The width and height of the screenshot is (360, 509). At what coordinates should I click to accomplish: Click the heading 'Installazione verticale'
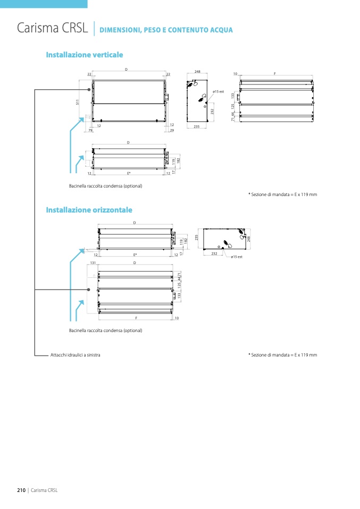85,55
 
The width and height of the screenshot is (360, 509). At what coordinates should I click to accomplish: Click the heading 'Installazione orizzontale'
89,210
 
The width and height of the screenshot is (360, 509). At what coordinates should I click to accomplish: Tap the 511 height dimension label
78,102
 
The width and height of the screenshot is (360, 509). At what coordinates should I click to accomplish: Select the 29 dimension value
172,130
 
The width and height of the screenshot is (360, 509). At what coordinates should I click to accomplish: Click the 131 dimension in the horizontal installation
93,263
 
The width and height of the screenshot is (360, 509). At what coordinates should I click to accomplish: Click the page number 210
22,490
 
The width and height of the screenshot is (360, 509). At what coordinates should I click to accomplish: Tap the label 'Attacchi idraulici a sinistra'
75,354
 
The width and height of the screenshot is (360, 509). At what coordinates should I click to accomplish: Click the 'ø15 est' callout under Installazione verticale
219,92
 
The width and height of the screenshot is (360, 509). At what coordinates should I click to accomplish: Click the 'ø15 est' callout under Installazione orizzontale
237,257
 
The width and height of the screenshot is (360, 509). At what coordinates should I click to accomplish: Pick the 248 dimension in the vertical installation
197,71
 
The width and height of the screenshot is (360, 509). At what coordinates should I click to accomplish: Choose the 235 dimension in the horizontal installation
196,238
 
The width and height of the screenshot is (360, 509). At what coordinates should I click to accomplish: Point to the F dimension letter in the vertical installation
275,73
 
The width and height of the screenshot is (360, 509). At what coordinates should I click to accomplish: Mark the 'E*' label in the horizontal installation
136,255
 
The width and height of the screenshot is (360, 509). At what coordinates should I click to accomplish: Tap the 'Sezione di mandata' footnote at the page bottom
282,354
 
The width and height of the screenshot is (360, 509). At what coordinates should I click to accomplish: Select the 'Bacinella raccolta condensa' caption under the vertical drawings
105,186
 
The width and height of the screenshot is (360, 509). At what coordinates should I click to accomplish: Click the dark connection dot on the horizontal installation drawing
88,290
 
